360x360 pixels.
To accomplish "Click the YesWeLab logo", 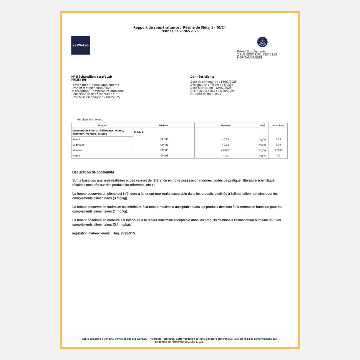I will [x=81, y=45].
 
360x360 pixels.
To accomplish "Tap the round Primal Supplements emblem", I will [x=262, y=42].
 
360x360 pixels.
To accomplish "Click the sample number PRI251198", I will [x=79, y=80].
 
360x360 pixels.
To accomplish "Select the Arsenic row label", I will [x=77, y=139].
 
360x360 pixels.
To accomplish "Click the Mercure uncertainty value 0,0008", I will [x=278, y=150].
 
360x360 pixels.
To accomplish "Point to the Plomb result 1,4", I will [x=225, y=156].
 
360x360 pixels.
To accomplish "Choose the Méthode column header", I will [x=164, y=125].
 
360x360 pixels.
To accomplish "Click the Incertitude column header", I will [x=278, y=125].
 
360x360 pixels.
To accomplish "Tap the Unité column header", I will [x=262, y=125].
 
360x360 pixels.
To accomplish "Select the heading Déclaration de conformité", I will [x=93, y=172].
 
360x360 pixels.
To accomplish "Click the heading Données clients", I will [x=202, y=77].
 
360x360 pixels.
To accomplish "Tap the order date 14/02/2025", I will [x=228, y=82].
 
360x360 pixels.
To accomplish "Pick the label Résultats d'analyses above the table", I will [x=89, y=119].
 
